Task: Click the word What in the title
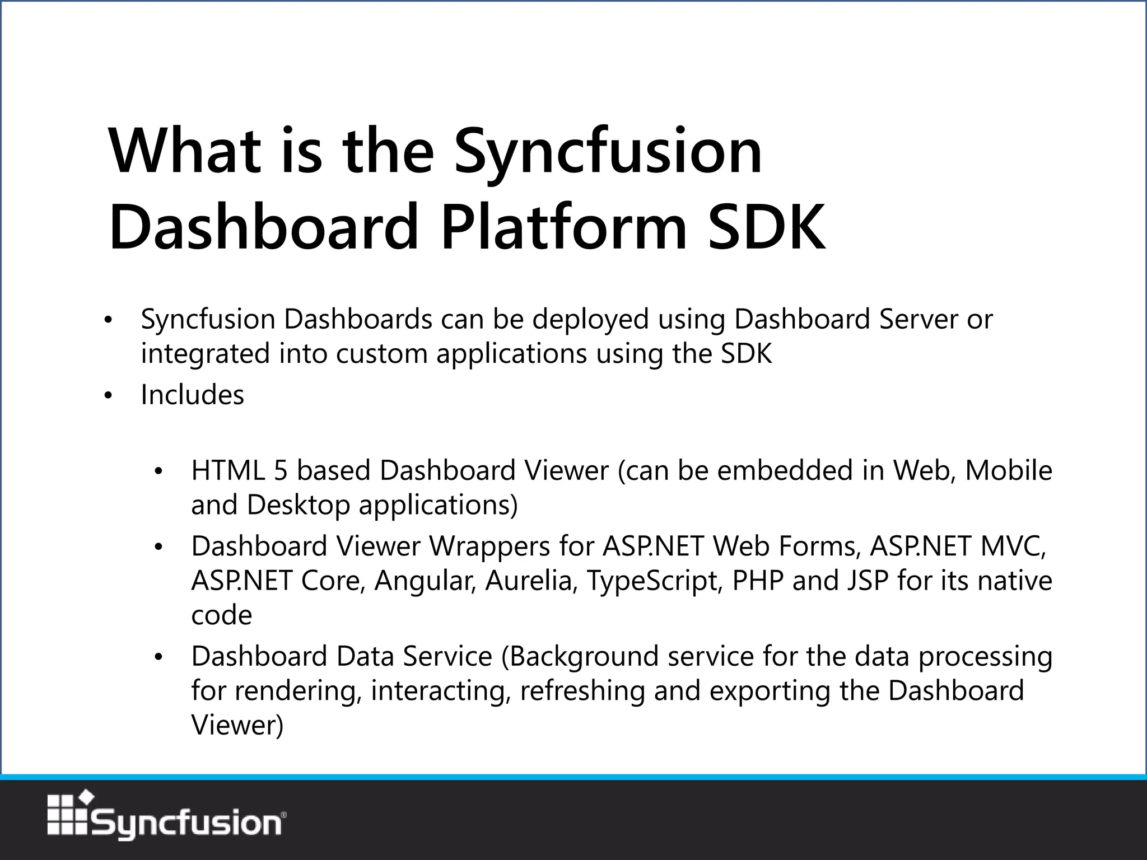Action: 185,151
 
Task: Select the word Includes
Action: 192,395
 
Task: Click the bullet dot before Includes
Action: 109,396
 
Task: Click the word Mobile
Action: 1008,470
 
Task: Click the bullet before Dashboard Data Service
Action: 158,657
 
